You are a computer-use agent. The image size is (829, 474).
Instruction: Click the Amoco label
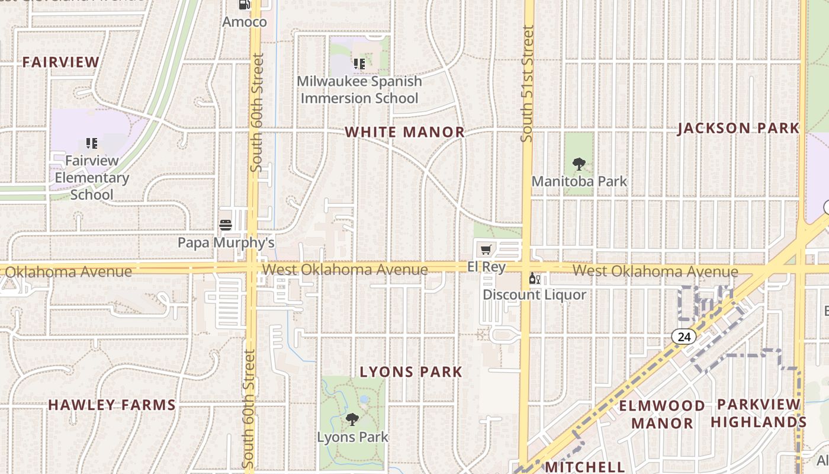click(x=244, y=22)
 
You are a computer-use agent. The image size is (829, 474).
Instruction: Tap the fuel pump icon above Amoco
click(x=244, y=5)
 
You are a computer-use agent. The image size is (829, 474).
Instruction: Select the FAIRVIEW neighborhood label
click(x=61, y=62)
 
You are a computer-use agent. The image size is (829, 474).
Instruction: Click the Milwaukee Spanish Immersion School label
click(x=359, y=89)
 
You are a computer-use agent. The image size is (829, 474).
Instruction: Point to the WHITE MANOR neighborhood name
click(x=405, y=132)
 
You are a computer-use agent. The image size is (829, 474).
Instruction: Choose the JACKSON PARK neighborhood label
click(x=738, y=128)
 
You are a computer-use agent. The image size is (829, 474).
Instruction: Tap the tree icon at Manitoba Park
click(x=579, y=164)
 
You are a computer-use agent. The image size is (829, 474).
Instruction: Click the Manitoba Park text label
click(x=579, y=181)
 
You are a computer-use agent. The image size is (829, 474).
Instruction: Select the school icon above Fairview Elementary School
click(x=92, y=143)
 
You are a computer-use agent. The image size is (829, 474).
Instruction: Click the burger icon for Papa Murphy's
click(x=226, y=225)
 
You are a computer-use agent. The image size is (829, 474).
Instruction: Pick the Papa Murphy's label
click(x=226, y=242)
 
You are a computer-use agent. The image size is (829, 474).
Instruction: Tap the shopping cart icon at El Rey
click(x=486, y=250)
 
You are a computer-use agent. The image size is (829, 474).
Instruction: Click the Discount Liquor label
click(x=534, y=294)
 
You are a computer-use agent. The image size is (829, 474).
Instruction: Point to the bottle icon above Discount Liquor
click(x=534, y=278)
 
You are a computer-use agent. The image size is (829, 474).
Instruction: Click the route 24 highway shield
click(x=684, y=337)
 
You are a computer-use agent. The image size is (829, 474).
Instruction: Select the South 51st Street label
click(x=527, y=83)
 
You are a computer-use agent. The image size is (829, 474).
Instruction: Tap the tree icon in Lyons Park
click(x=352, y=420)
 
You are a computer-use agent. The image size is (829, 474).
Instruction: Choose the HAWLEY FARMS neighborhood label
click(x=112, y=405)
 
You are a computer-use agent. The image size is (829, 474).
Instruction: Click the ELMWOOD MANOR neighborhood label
click(x=662, y=414)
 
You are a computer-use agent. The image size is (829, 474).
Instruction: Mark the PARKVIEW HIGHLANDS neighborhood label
click(x=759, y=413)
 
